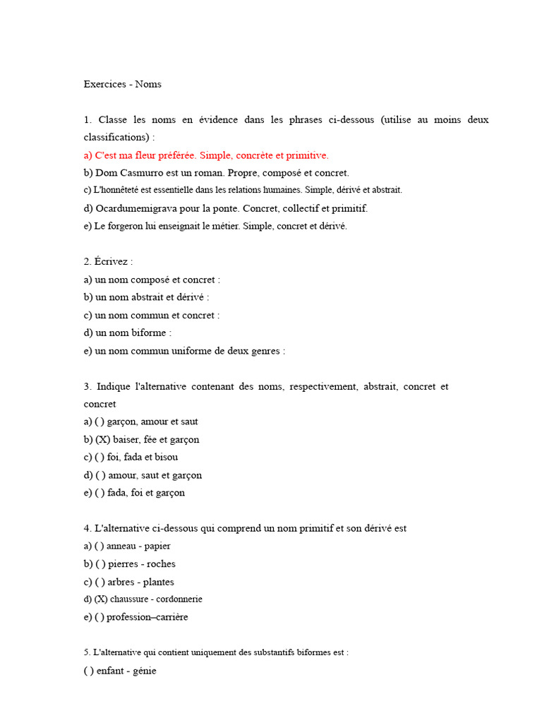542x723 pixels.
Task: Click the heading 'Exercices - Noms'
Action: tap(122, 84)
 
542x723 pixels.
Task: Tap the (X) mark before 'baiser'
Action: tap(102, 440)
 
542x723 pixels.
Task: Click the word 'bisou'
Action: tap(166, 458)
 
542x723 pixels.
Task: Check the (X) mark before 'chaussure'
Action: tap(101, 599)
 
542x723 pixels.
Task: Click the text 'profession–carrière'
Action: tap(147, 617)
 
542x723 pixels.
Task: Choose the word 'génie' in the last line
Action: tap(143, 671)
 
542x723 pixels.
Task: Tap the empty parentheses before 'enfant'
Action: tap(88, 671)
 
